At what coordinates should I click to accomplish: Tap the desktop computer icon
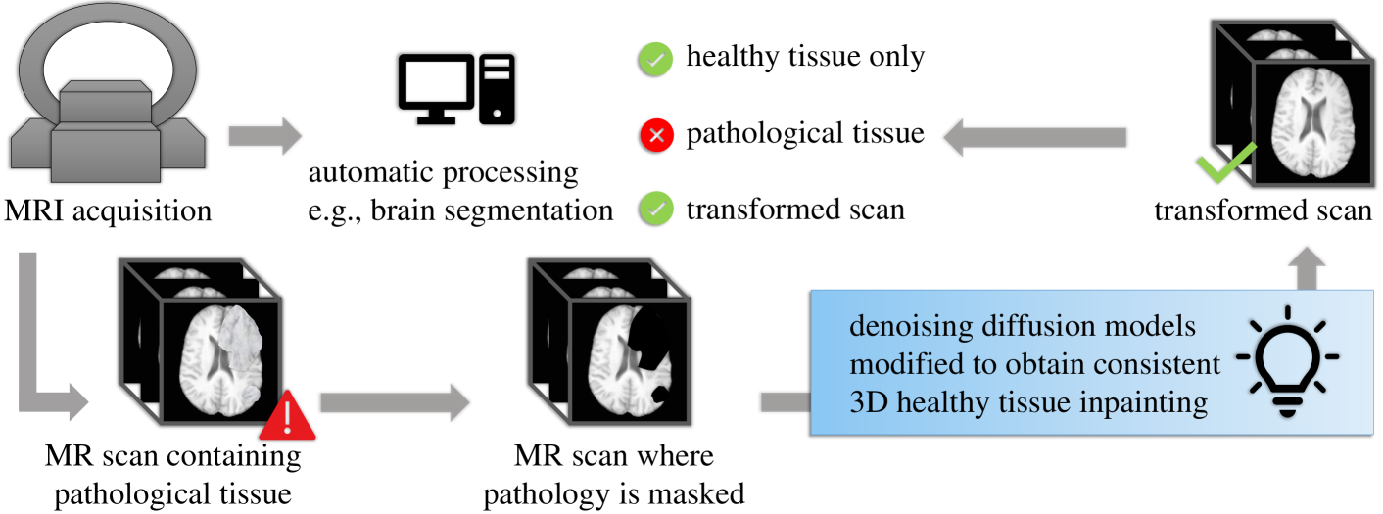point(455,88)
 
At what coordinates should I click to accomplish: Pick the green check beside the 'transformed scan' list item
point(655,210)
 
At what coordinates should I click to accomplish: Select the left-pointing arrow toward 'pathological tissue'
point(1033,137)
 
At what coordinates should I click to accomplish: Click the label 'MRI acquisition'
point(108,210)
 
